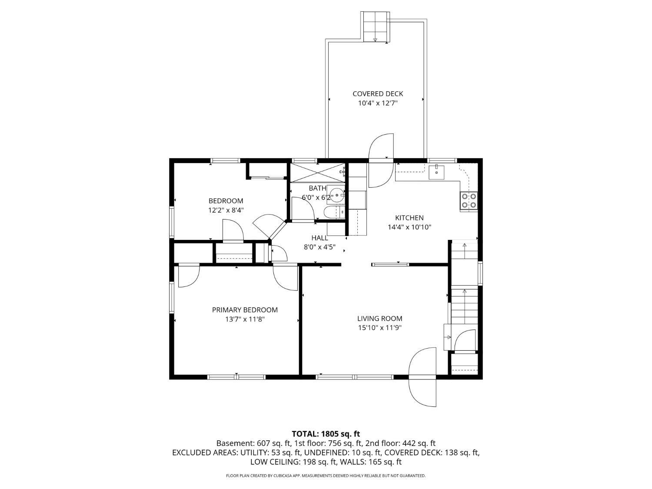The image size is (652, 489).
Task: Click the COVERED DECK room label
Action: point(378,94)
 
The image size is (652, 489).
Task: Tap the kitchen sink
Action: point(436,172)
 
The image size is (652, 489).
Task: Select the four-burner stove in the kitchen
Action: point(469,201)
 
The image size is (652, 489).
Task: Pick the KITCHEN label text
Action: point(409,218)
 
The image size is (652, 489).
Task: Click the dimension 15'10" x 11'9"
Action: point(379,328)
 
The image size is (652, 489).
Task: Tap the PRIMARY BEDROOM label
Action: point(245,309)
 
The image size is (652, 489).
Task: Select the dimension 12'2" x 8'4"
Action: point(226,210)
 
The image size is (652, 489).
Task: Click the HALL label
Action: point(319,238)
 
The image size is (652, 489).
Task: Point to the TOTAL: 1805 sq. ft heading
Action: point(326,434)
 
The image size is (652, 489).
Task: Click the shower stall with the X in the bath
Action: point(318,172)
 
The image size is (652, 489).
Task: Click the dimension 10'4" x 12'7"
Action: point(378,103)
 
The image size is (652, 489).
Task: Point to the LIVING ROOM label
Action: point(379,319)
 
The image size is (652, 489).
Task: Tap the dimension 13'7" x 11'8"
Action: point(245,319)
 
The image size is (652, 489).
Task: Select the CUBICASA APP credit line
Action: point(326,476)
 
